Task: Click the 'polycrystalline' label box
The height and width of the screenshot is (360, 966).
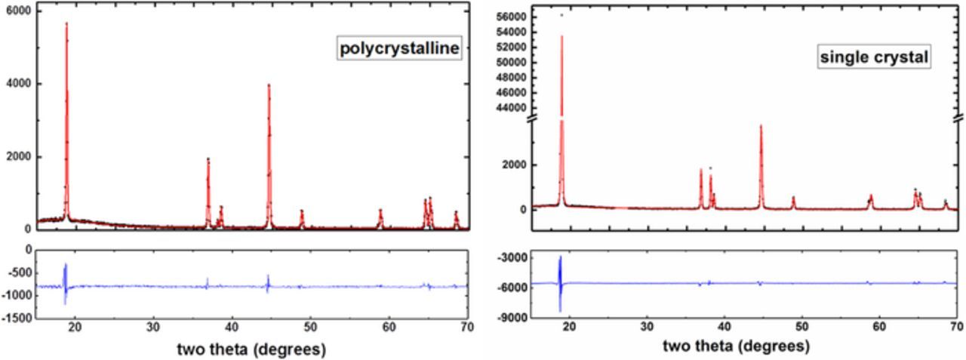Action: tap(398, 50)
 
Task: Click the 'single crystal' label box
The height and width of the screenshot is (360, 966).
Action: tap(875, 57)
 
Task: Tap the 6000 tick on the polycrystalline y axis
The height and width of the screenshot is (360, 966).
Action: tap(19, 11)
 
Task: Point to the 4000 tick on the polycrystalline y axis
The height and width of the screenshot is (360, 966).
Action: tap(19, 84)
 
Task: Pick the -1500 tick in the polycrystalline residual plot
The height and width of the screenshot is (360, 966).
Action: tap(17, 318)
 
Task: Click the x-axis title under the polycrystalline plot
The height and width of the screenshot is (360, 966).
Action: tap(251, 349)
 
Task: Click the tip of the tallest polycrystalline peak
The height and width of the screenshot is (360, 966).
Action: tap(66, 23)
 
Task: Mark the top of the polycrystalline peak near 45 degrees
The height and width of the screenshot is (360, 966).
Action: tap(269, 85)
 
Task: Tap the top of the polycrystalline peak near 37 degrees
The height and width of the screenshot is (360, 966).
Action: tap(208, 158)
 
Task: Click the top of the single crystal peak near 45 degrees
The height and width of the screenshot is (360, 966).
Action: tap(761, 126)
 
